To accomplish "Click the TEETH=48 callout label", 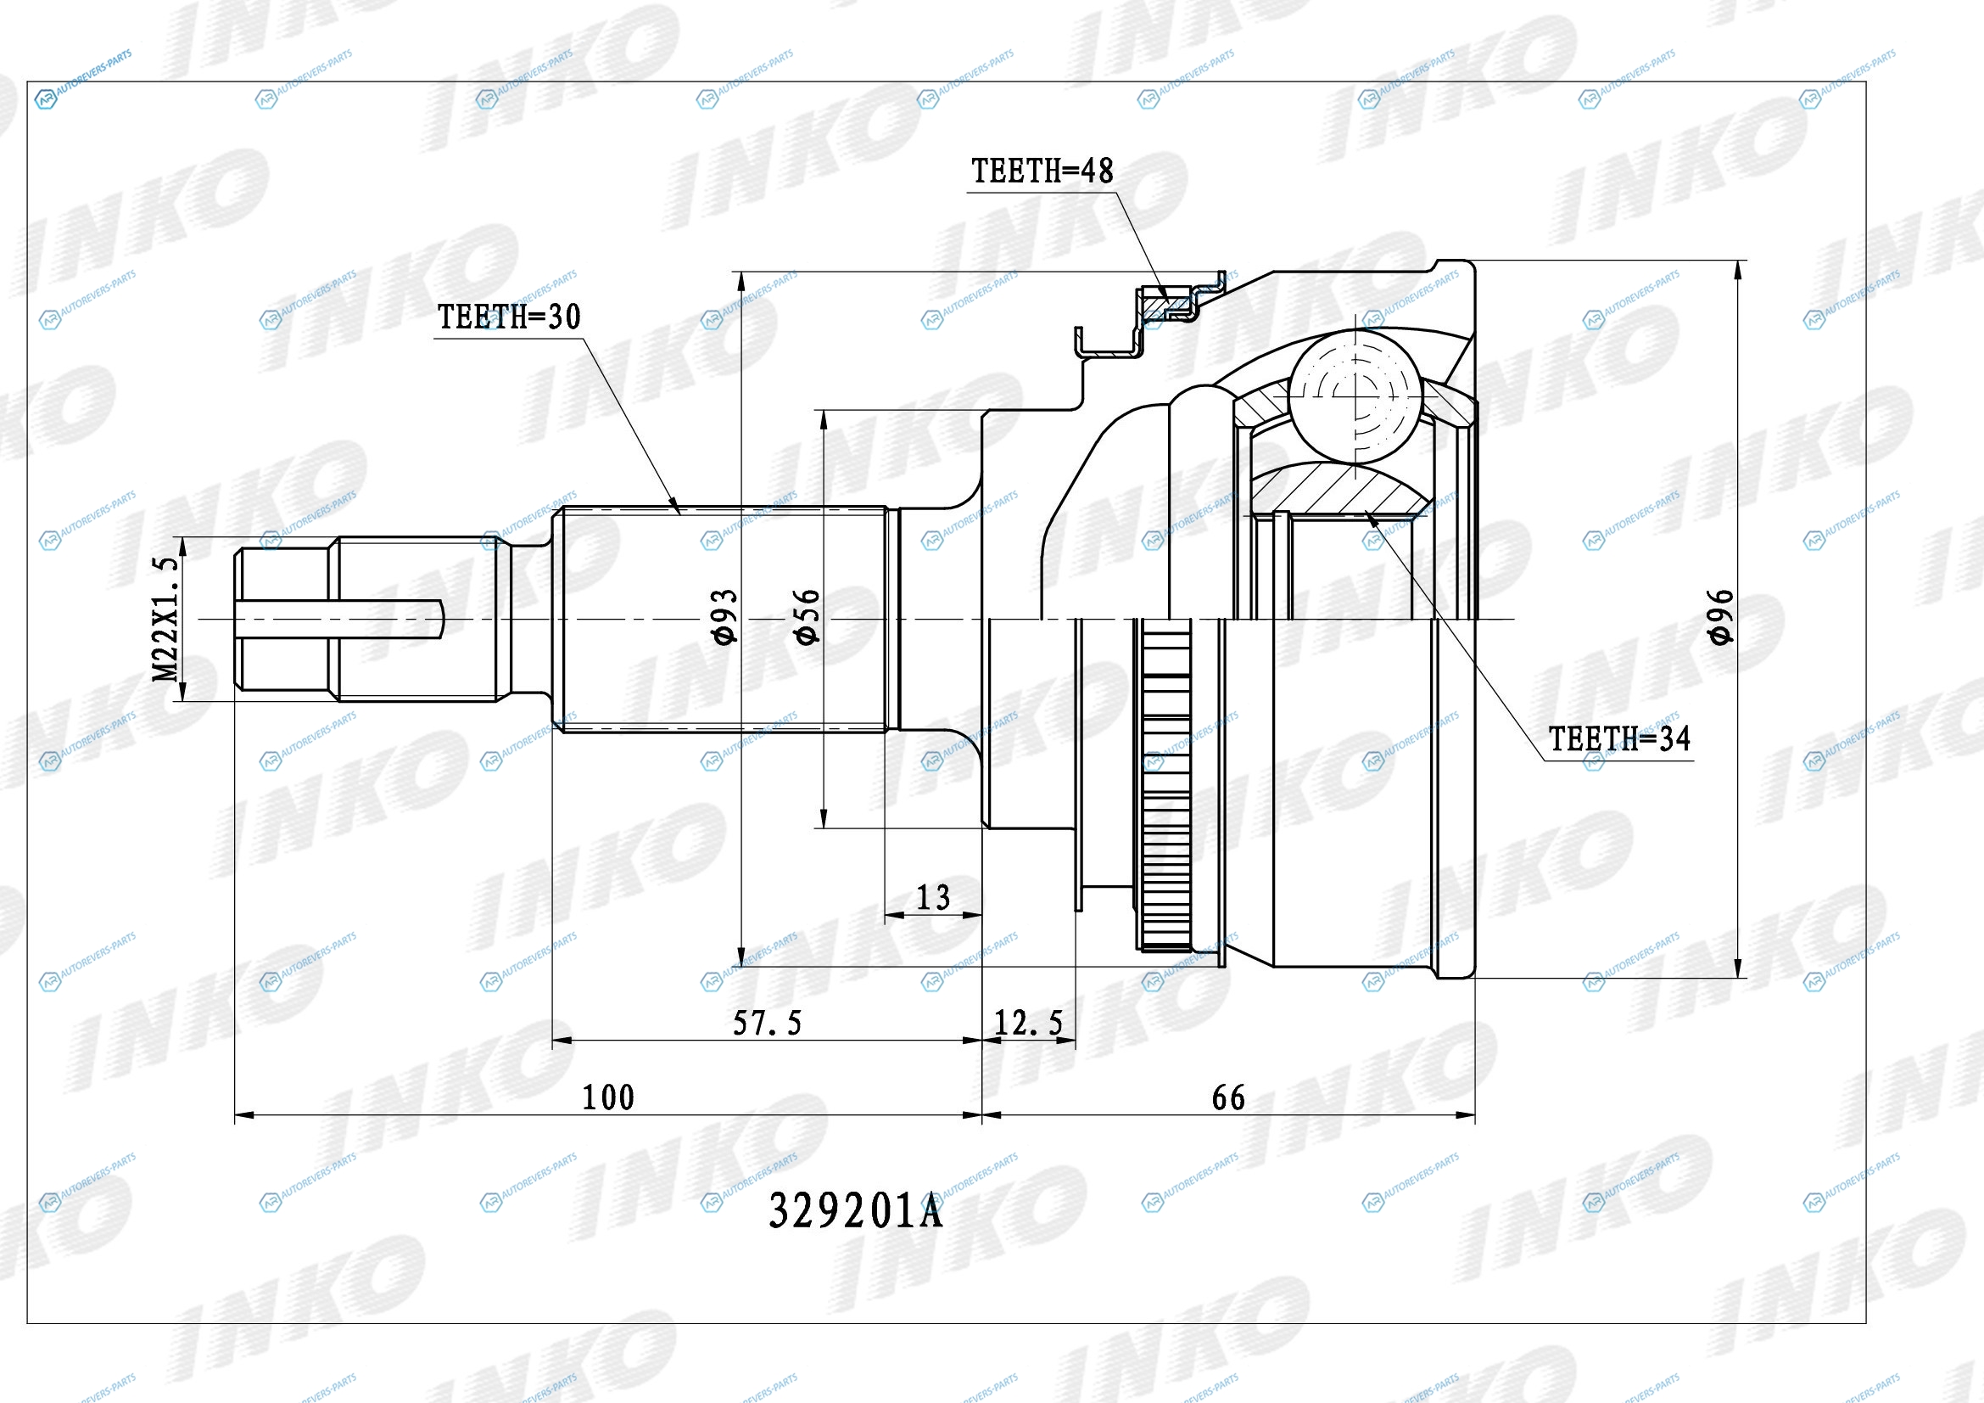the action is [1042, 171].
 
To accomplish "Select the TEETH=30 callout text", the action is [509, 317].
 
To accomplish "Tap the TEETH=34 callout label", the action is [1619, 739].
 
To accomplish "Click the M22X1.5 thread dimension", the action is [166, 618].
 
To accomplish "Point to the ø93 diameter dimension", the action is [727, 616].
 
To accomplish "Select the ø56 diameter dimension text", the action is [807, 616].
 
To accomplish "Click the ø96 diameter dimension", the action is [1720, 616].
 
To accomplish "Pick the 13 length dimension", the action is [933, 897].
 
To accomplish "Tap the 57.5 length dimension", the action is [768, 1024].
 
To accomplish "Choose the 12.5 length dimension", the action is [1028, 1024].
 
